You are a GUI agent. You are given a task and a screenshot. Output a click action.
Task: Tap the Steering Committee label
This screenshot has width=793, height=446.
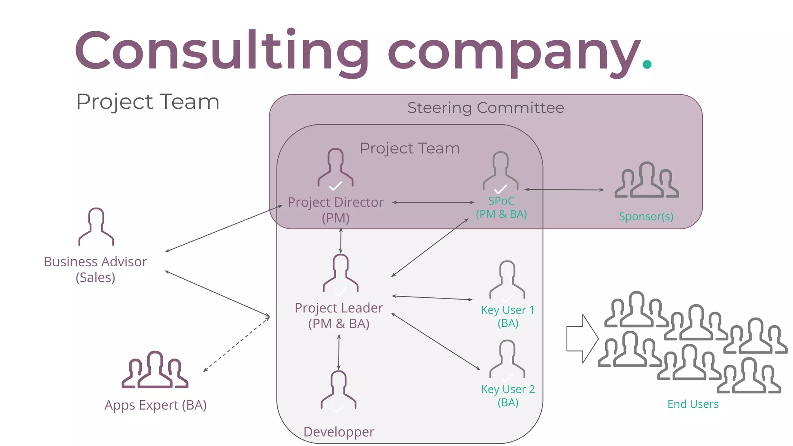486,108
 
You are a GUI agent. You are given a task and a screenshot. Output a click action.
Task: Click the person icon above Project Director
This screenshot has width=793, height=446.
335,168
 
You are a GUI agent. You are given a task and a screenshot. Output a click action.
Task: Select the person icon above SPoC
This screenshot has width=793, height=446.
500,171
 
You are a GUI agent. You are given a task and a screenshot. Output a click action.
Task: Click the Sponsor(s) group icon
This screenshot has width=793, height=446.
647,181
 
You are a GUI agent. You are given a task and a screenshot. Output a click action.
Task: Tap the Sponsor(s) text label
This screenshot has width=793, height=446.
646,216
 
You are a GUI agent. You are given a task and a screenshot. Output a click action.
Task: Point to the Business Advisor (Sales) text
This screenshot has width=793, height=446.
95,269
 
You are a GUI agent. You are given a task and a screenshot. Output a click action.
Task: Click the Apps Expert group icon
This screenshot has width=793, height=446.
155,370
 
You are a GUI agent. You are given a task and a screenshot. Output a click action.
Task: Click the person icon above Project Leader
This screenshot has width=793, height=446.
341,273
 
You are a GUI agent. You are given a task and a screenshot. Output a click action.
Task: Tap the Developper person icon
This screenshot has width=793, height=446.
338,390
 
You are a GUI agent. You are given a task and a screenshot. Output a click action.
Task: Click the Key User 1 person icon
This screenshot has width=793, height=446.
507,280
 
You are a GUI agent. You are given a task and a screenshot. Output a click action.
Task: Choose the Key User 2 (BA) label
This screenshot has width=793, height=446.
508,396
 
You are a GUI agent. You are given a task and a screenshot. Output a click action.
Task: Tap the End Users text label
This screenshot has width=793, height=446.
693,404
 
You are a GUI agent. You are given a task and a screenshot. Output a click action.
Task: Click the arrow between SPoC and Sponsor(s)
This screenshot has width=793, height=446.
564,190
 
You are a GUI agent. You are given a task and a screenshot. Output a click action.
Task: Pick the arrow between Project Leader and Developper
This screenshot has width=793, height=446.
339,352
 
